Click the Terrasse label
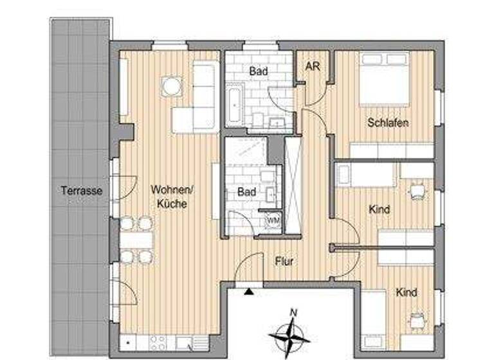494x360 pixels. (82, 191)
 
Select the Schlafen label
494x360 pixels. (389, 123)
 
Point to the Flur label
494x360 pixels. (284, 262)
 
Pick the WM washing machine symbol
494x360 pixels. (273, 221)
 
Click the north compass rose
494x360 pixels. (289, 334)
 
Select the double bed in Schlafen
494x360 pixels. (384, 80)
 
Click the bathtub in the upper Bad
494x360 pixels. (233, 107)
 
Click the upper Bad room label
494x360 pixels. (259, 71)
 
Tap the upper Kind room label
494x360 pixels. (380, 210)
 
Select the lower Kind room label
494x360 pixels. (407, 292)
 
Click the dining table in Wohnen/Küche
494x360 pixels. (137, 240)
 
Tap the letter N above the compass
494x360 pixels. (293, 313)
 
